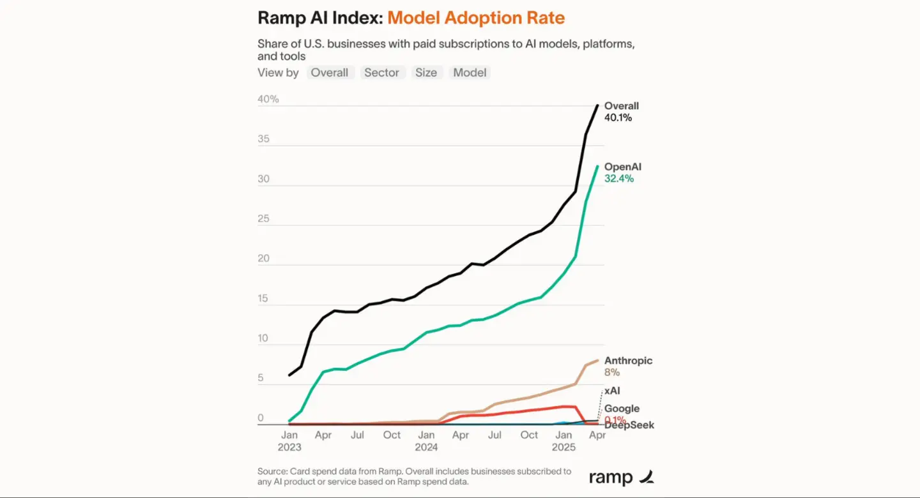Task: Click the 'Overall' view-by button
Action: pyautogui.click(x=329, y=73)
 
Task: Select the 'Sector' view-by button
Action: pyautogui.click(x=381, y=73)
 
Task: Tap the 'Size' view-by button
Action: pyautogui.click(x=426, y=73)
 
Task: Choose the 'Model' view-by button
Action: pyautogui.click(x=470, y=73)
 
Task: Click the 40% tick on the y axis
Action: pyautogui.click(x=268, y=99)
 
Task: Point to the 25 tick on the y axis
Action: pyautogui.click(x=264, y=219)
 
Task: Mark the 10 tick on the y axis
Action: pyautogui.click(x=264, y=339)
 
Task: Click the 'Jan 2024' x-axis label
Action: pyautogui.click(x=426, y=441)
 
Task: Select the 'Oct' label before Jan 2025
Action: pyautogui.click(x=529, y=435)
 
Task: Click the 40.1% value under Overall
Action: pyautogui.click(x=618, y=117)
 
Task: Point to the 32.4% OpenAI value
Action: pyautogui.click(x=619, y=179)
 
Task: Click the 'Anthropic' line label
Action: pyautogui.click(x=628, y=361)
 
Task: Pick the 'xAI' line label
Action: pyautogui.click(x=611, y=390)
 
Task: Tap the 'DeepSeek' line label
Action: pyautogui.click(x=629, y=425)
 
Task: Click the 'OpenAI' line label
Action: pyautogui.click(x=623, y=167)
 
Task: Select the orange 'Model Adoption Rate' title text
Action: pyautogui.click(x=476, y=17)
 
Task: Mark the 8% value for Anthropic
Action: pyautogui.click(x=612, y=372)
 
